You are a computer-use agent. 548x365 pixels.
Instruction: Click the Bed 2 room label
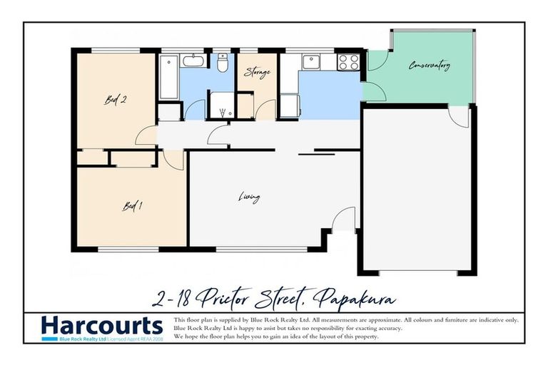tap(116, 101)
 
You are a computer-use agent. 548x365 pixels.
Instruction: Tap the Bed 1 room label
tap(133, 207)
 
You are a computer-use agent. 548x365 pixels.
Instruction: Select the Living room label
tap(249, 197)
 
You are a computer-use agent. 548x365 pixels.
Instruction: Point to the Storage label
tap(256, 72)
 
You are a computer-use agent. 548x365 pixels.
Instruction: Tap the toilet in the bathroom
tap(223, 65)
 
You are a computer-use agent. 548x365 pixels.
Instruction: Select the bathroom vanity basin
tap(193, 61)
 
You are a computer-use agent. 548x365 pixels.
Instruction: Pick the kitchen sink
tap(311, 62)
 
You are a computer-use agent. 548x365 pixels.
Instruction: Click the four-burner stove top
tap(348, 62)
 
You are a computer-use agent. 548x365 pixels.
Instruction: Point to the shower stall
tap(222, 105)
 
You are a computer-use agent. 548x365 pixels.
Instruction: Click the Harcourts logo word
tap(101, 326)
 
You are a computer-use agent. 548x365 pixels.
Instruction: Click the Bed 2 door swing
tap(146, 135)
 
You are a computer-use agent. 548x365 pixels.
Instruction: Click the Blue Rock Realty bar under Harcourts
tap(101, 339)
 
